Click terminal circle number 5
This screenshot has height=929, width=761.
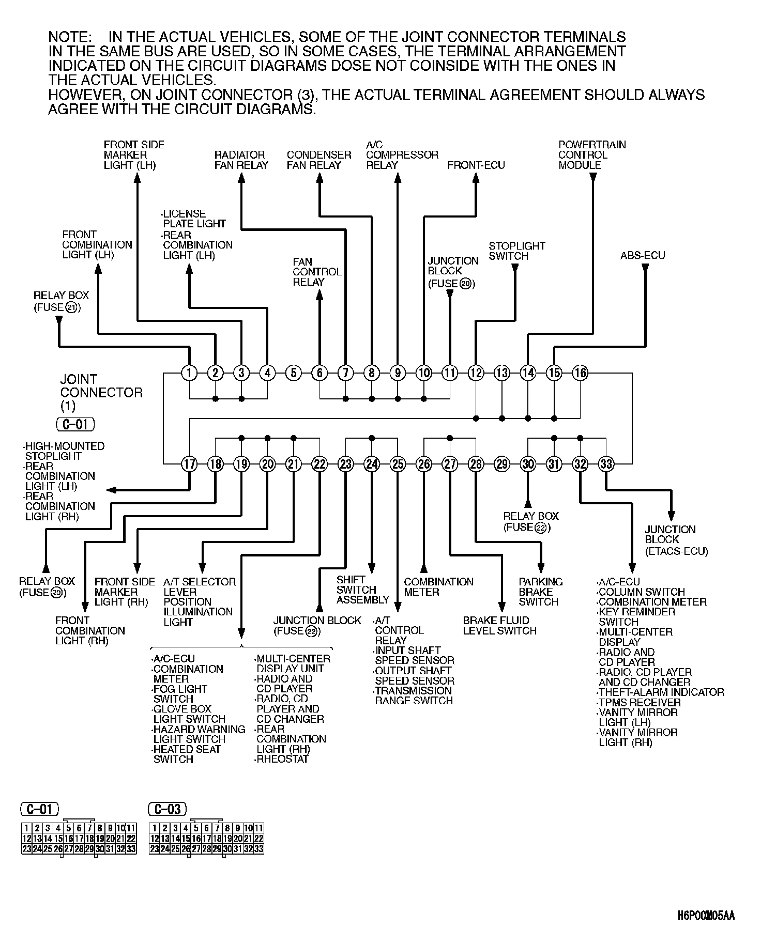coord(293,373)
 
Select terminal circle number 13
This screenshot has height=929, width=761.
coord(501,373)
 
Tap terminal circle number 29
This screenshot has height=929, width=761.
coord(501,464)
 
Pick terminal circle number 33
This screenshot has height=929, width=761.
coord(606,464)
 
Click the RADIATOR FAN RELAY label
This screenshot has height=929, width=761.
coord(241,160)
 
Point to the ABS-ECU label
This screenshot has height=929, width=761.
coord(643,255)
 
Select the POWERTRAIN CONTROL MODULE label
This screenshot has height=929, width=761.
coord(591,155)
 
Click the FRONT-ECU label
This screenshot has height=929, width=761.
coord(476,165)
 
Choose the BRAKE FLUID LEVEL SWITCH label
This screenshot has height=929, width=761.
coord(499,625)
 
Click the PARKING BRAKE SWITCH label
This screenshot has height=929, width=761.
coord(540,592)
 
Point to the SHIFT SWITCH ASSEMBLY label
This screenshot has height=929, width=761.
coord(362,590)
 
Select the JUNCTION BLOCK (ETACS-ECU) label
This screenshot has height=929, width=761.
coord(676,540)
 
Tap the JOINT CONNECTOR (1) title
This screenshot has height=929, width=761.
coord(101,392)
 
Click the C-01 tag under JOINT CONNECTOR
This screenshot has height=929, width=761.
coord(75,425)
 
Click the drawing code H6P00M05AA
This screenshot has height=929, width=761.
coord(706,916)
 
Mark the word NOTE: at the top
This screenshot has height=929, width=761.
coord(70,37)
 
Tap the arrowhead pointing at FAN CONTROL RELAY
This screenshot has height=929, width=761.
coord(319,295)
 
